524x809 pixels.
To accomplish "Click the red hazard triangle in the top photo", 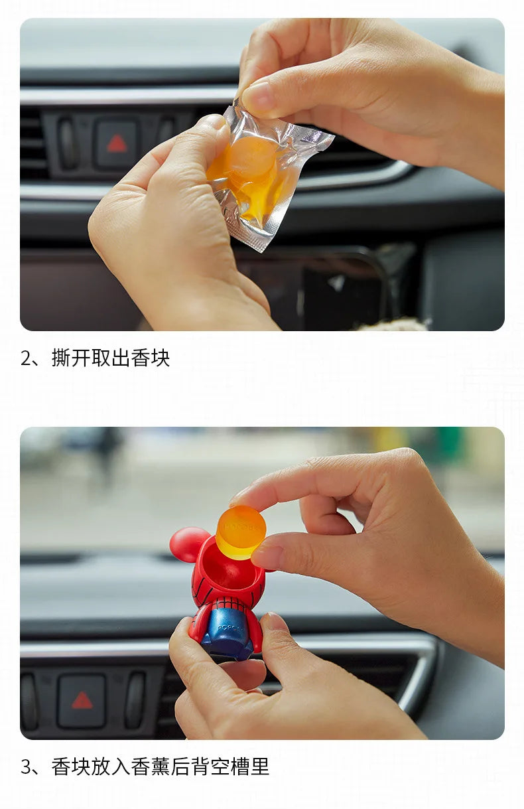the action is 117,144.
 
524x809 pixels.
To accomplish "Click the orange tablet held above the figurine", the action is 241,532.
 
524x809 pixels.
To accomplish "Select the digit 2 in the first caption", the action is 27,358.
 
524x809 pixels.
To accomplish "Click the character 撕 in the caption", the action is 61,358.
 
